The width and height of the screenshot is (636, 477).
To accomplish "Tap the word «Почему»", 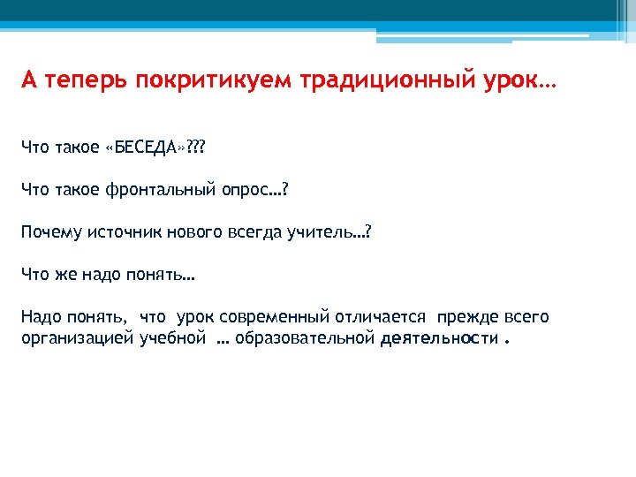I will pos(49,231).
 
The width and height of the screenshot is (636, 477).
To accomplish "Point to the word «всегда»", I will pos(253,231).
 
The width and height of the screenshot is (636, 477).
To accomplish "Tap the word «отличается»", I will pos(380,317).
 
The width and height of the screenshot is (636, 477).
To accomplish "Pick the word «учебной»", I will pos(172,339).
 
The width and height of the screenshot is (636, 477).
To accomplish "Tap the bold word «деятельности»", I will pos(438,339).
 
